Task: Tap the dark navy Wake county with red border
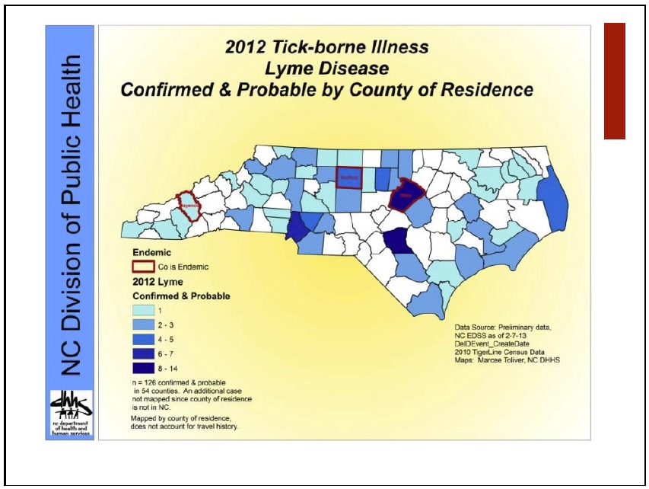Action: pos(406,195)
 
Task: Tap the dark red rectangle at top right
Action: pos(614,81)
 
